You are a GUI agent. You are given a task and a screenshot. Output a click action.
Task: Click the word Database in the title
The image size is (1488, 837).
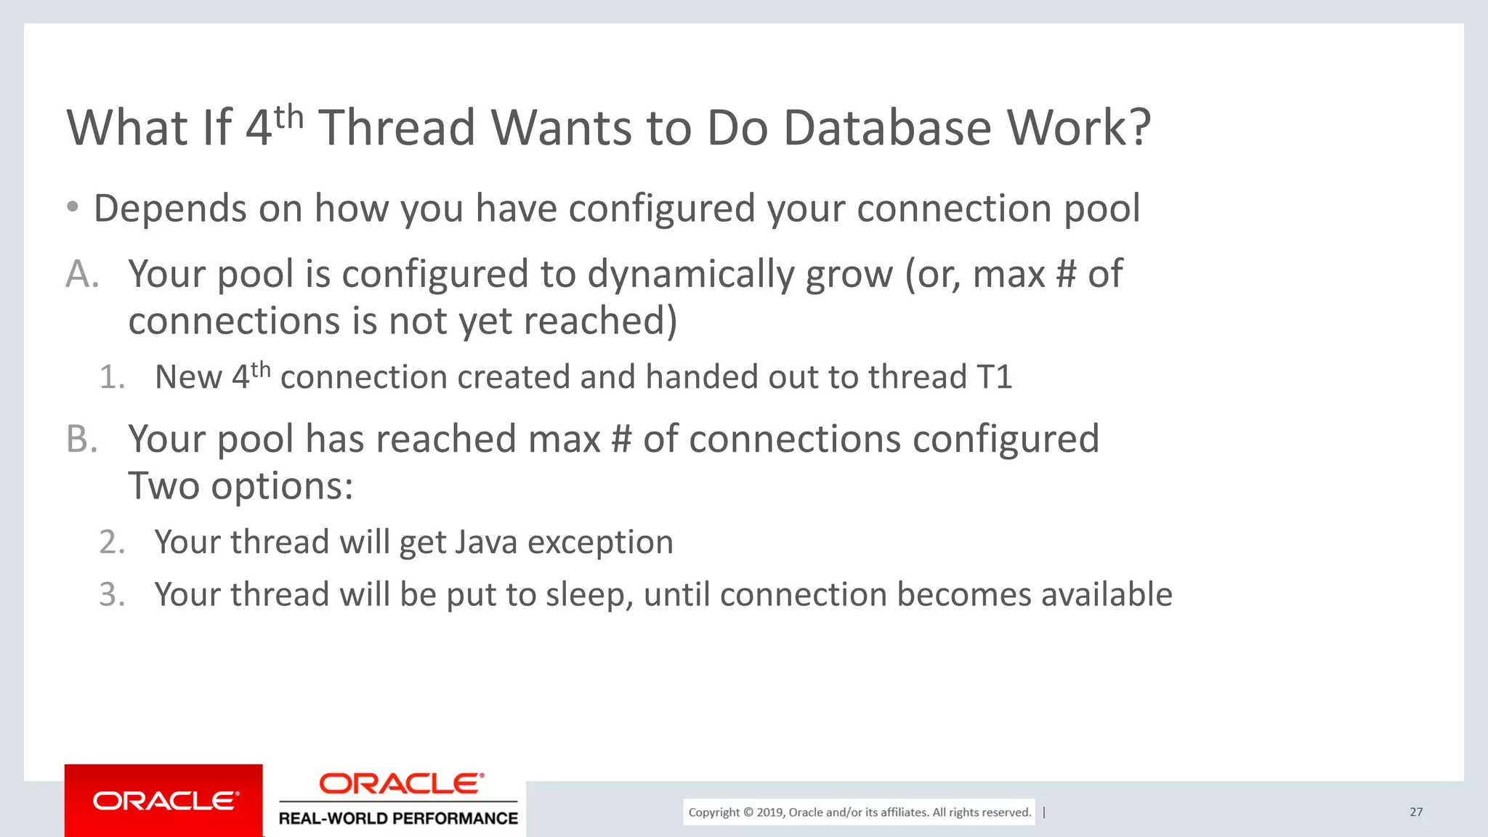pos(886,129)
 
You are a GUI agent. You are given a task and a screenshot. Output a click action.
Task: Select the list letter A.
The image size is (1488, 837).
pos(81,275)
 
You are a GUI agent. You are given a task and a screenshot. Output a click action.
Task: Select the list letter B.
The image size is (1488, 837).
pos(81,440)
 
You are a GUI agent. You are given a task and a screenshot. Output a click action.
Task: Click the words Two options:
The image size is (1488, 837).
pos(240,486)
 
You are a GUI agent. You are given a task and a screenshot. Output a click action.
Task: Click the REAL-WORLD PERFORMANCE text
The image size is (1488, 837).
pos(398,818)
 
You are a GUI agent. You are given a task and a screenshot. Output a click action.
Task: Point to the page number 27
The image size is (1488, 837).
pos(1416,812)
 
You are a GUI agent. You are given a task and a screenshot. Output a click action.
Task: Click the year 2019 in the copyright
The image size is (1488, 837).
pos(769,812)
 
